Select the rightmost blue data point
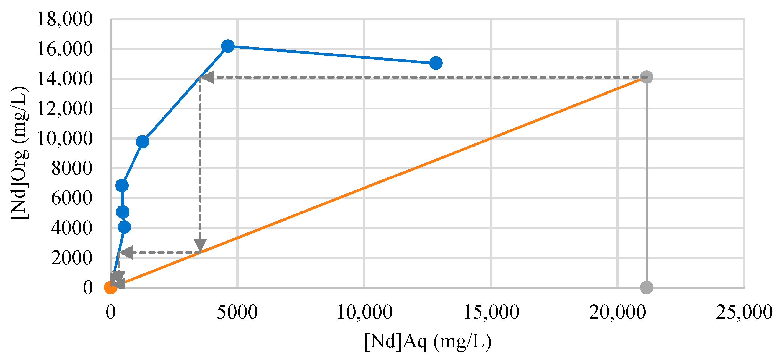(x=436, y=63)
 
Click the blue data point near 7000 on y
(x=122, y=185)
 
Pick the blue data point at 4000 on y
(x=124, y=227)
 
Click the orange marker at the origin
(x=110, y=287)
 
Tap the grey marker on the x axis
(x=646, y=287)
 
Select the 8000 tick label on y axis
(x=72, y=168)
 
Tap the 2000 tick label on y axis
(x=72, y=258)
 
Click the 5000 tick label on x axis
(x=237, y=312)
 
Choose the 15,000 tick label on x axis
(x=491, y=312)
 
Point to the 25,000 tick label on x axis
(x=744, y=312)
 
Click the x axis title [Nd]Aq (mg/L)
(x=427, y=342)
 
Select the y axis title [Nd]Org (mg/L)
(x=20, y=153)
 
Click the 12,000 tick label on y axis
(x=65, y=109)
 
